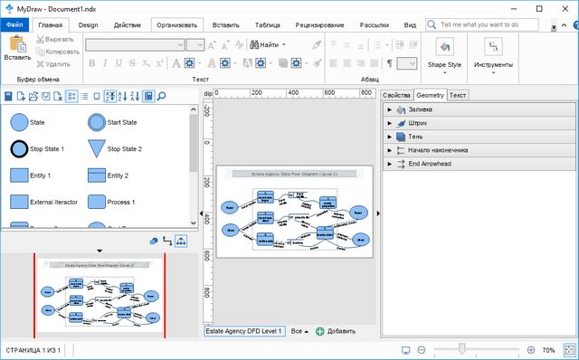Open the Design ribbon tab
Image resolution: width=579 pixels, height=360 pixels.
pos(88,25)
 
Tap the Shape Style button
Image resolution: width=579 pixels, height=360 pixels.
pos(444,52)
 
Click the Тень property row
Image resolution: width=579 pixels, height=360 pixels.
pos(415,137)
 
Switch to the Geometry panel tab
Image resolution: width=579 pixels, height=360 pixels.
pos(430,95)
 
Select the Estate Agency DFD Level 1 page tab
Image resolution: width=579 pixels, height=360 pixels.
pos(244,331)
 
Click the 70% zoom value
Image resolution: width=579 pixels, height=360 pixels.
pos(548,349)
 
